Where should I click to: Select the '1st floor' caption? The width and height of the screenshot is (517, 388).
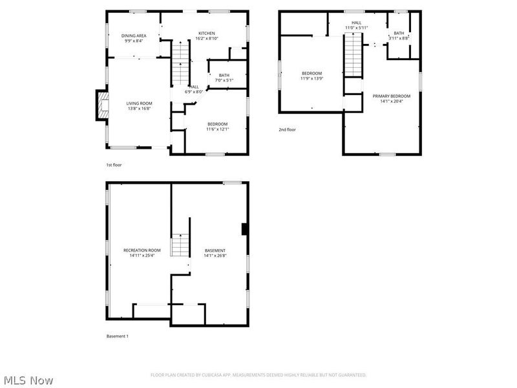[x=114, y=165]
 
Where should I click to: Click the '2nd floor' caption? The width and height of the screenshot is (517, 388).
[x=287, y=130]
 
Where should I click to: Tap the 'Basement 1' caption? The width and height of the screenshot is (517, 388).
[x=117, y=336]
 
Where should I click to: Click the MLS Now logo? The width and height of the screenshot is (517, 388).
[x=28, y=381]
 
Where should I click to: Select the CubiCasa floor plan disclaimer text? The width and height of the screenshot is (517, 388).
[x=258, y=375]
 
